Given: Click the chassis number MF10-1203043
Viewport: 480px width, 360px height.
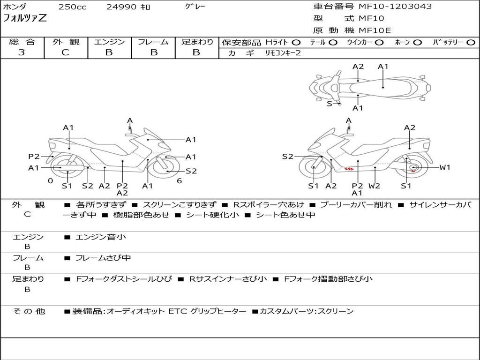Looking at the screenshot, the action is (x=395, y=7).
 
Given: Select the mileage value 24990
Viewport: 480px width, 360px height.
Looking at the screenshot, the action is (x=120, y=7).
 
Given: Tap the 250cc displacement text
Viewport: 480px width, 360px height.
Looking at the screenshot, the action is (x=72, y=7).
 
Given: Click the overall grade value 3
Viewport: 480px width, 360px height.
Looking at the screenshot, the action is (x=22, y=52).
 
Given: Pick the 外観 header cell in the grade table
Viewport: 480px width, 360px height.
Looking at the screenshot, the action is (x=65, y=42).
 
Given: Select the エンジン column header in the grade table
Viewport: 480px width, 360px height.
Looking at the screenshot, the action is (x=109, y=42).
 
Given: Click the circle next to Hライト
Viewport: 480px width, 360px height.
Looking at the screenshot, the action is (x=296, y=42).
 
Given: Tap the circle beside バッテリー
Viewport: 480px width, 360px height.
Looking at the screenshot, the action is (x=471, y=42).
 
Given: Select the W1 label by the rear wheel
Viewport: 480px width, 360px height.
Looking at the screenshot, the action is (x=444, y=167).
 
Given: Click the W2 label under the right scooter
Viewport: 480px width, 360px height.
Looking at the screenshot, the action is (x=374, y=186).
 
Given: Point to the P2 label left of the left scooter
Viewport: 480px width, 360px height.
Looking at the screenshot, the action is (x=34, y=157).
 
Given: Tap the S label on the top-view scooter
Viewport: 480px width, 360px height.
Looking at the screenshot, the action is (x=329, y=104).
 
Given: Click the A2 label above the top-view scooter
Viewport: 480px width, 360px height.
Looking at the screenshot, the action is (x=358, y=67).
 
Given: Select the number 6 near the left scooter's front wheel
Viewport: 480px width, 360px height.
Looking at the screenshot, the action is (x=179, y=180).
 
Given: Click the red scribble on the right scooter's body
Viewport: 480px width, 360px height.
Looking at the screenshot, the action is (x=348, y=168).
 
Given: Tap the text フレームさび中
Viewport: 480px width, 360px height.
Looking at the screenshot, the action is (x=103, y=258).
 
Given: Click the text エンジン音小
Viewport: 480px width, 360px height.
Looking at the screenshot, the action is (x=101, y=237).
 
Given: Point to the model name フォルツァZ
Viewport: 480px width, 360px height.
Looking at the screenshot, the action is (x=25, y=19).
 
